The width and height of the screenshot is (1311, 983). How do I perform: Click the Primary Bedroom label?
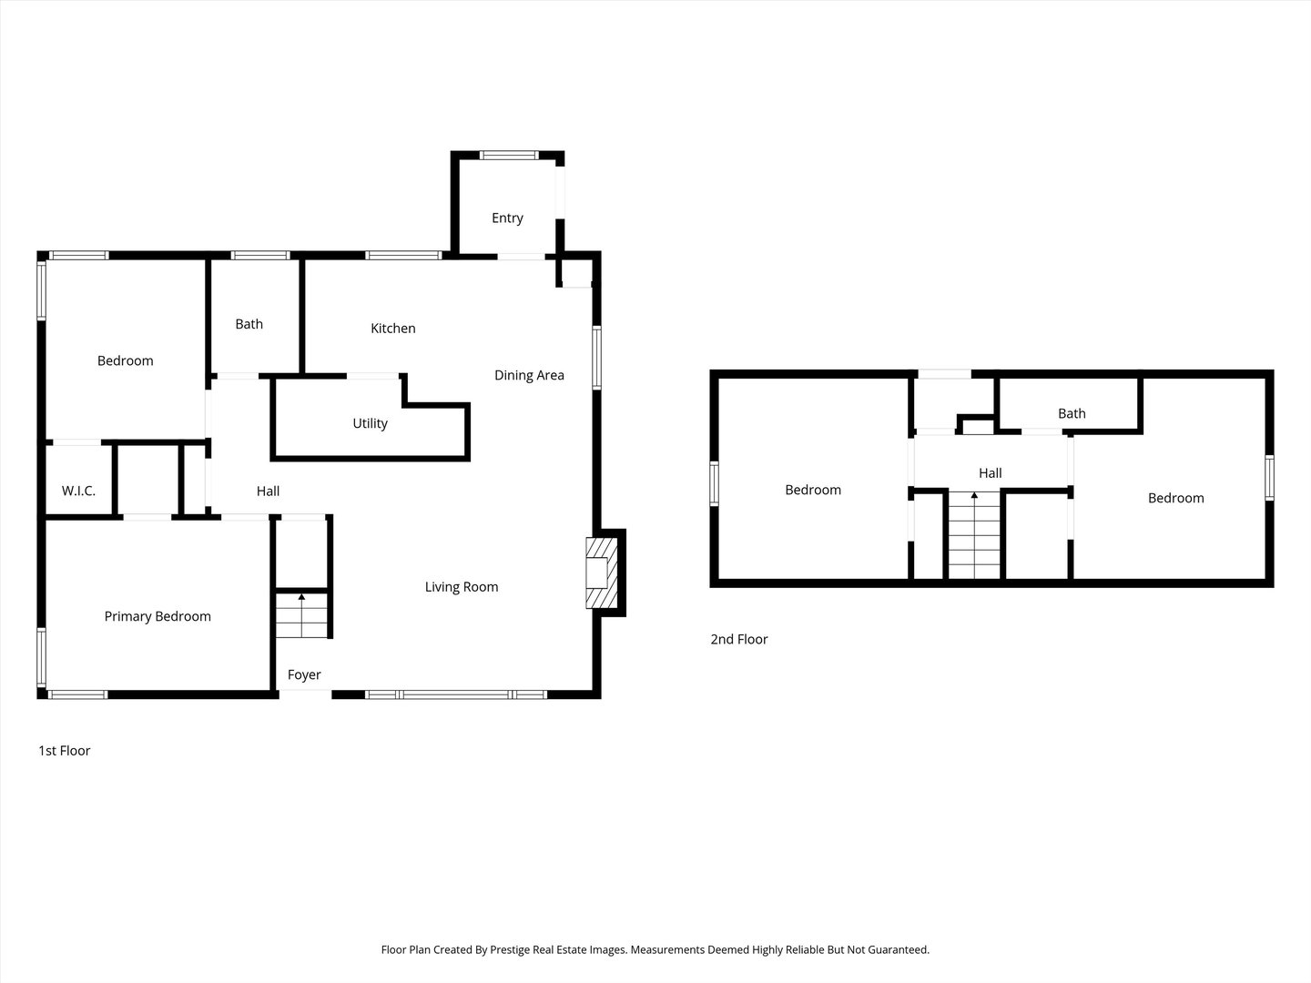pyautogui.click(x=158, y=616)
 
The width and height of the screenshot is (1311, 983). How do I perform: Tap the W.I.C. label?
pyautogui.click(x=78, y=491)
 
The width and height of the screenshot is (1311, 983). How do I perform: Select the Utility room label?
pyautogui.click(x=370, y=424)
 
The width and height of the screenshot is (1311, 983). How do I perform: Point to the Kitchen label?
pyautogui.click(x=393, y=329)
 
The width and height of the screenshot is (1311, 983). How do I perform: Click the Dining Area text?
pyautogui.click(x=529, y=375)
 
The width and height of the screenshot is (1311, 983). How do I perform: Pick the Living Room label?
pyautogui.click(x=462, y=587)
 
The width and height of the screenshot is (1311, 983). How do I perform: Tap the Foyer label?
pyautogui.click(x=304, y=675)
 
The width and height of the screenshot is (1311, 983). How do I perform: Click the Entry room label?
pyautogui.click(x=507, y=218)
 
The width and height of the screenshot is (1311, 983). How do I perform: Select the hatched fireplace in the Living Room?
pyautogui.click(x=602, y=573)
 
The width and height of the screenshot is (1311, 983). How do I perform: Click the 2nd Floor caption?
pyautogui.click(x=739, y=639)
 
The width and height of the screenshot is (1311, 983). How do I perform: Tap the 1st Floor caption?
pyautogui.click(x=64, y=751)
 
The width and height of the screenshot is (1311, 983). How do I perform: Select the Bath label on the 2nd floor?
pyautogui.click(x=1072, y=413)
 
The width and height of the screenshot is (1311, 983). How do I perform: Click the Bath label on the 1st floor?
pyautogui.click(x=249, y=324)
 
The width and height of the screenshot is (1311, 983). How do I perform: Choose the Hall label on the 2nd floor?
pyautogui.click(x=991, y=473)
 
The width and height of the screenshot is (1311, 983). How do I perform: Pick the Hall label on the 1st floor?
pyautogui.click(x=269, y=491)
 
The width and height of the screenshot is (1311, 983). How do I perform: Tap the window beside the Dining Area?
pyautogui.click(x=596, y=358)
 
